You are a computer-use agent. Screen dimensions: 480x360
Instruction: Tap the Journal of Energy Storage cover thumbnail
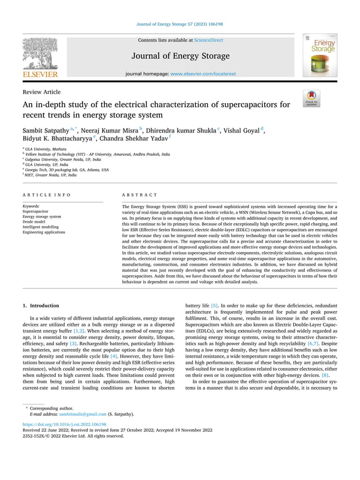click(319, 55)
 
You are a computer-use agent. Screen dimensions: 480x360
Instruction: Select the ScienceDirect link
click(208, 40)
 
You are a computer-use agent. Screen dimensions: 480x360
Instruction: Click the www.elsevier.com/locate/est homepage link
click(203, 74)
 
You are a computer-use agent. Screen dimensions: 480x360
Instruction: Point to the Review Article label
click(42, 92)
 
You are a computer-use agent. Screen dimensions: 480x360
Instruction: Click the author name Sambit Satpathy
click(47, 130)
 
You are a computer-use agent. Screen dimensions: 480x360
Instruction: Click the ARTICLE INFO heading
click(47, 195)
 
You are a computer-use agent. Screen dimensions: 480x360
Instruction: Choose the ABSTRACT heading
click(140, 195)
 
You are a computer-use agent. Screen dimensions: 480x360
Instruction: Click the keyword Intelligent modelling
click(42, 227)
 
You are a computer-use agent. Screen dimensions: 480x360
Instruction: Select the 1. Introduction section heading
click(41, 306)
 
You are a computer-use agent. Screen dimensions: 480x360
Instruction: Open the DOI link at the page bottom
click(64, 424)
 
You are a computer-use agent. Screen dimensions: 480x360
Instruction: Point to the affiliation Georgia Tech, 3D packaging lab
click(67, 169)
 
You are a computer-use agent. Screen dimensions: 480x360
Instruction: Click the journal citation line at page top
click(180, 24)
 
